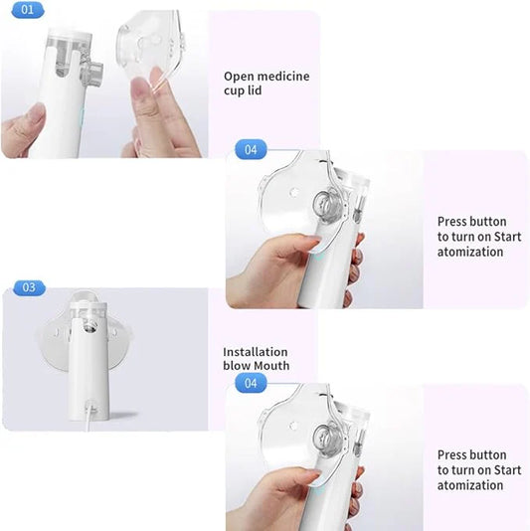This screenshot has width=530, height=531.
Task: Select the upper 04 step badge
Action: (251, 149)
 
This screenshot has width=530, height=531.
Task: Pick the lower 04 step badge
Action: (251, 382)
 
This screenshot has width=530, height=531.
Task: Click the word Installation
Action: (256, 352)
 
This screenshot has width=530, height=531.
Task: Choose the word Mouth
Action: (270, 366)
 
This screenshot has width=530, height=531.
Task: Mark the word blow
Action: (236, 366)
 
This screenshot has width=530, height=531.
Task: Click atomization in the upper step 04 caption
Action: (470, 253)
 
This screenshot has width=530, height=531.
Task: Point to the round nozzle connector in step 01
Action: (93, 72)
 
